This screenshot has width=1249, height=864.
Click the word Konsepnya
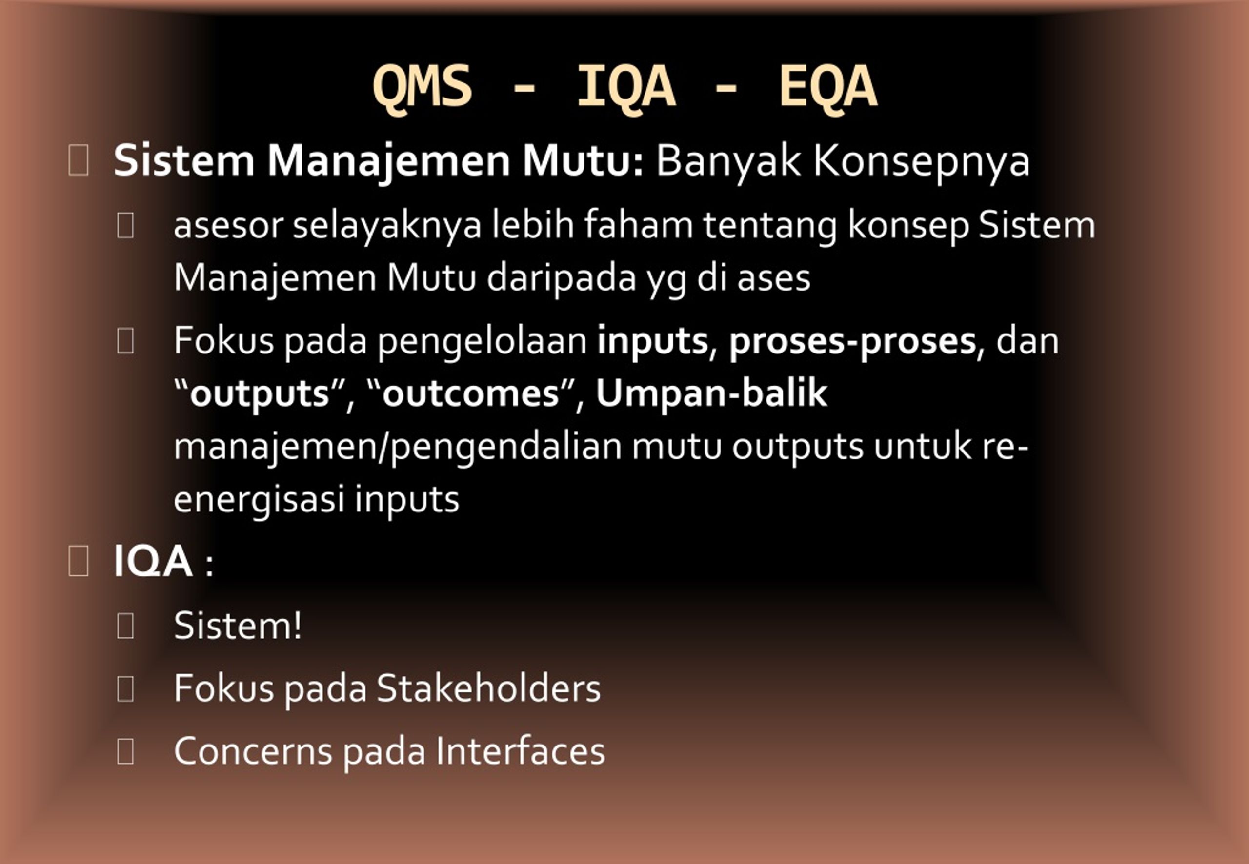[921, 161]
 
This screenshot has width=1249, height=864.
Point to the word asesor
[228, 225]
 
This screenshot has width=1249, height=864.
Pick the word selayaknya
[387, 225]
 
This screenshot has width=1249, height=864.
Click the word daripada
[561, 278]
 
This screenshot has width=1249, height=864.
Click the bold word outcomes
[470, 393]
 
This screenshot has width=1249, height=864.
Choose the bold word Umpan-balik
[711, 393]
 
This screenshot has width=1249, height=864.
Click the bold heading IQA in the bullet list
[153, 561]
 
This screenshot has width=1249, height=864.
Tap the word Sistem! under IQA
[237, 626]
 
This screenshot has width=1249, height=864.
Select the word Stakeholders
[488, 688]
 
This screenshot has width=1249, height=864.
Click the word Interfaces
[520, 751]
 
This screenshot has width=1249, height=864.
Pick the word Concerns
[253, 751]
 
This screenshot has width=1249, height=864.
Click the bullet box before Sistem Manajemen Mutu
[79, 161]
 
